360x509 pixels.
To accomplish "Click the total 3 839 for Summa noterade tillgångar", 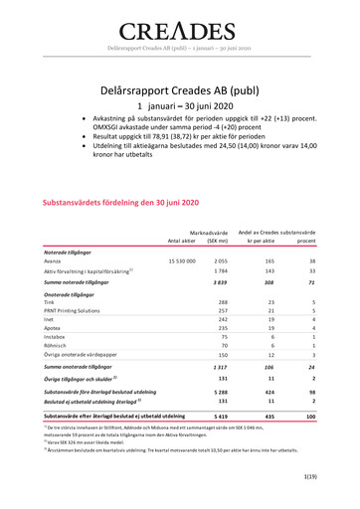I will pos(221,283).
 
